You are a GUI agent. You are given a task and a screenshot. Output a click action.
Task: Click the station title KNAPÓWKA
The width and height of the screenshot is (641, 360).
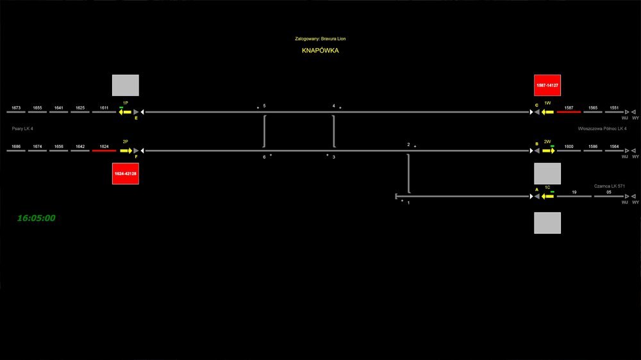pos(320,51)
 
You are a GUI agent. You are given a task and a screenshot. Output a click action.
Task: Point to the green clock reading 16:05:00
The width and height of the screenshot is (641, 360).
pos(36,218)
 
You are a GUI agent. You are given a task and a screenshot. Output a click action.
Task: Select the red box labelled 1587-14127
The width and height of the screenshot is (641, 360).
pos(547,85)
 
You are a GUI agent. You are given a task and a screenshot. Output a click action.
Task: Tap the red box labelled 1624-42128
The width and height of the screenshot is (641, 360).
pos(125,174)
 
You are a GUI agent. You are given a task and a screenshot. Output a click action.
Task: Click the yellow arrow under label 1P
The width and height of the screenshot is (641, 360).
pos(124,112)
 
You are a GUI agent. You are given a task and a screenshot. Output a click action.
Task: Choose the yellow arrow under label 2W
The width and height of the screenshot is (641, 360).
pos(549,151)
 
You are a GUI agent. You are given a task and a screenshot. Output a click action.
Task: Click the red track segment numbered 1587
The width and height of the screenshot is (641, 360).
pos(569,112)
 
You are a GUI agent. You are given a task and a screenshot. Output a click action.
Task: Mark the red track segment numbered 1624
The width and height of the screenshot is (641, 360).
pos(104,151)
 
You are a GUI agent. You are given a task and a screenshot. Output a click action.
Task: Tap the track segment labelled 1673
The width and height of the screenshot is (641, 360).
pos(16,112)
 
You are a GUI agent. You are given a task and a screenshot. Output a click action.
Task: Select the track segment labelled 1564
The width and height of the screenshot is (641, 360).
pos(614,151)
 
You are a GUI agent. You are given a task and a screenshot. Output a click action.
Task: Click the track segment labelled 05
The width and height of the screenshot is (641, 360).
pos(609,196)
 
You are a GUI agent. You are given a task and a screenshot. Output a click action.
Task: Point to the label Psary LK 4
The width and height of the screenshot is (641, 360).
pos(22,129)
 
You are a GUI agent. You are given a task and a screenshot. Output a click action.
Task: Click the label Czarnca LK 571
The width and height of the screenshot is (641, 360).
pos(609,186)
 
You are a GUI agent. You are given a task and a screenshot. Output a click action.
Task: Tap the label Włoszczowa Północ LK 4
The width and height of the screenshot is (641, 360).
pos(602,129)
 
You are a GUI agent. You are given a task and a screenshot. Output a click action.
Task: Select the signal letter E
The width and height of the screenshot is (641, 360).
pos(136,118)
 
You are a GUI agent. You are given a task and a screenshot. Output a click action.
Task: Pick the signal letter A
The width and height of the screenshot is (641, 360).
pos(537,190)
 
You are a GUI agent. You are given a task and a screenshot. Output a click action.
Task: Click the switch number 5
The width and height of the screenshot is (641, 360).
pos(264,106)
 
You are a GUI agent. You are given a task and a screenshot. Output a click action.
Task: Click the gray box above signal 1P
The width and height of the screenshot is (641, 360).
pos(125,85)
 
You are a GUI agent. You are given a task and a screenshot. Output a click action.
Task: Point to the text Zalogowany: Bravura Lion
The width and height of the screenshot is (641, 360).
pos(320,39)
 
